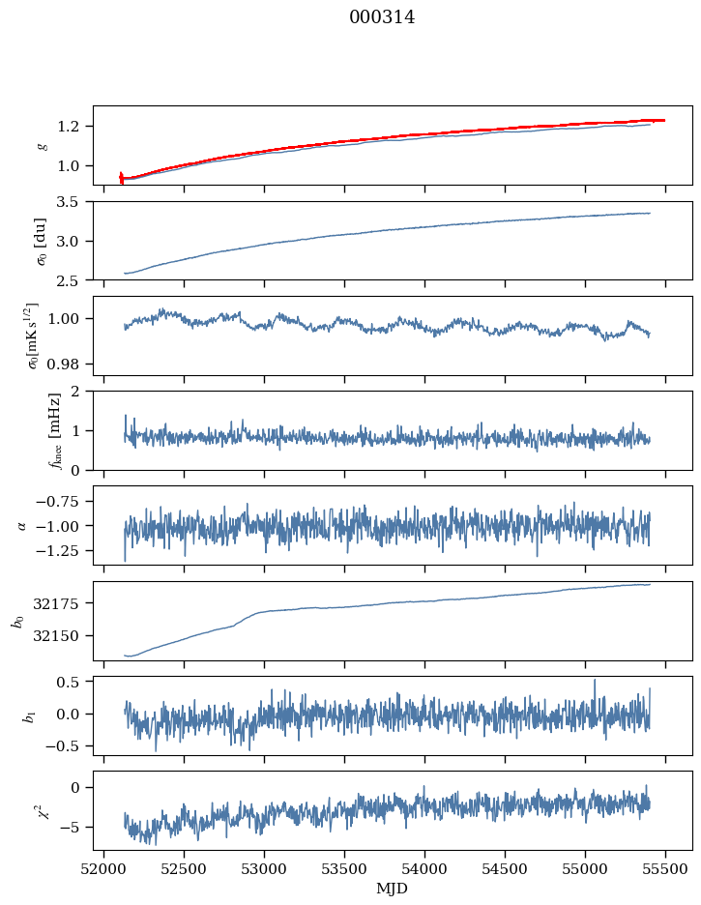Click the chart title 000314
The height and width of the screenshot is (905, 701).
pos(382,17)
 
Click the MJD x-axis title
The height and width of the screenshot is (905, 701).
pos(393,889)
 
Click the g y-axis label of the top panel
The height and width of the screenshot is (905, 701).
pos(41,145)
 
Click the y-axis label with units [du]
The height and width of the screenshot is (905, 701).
pos(41,240)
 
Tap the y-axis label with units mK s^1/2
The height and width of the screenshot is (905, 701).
pos(41,335)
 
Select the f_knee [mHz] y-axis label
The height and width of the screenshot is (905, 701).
pos(41,430)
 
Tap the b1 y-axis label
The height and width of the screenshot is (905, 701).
pos(41,715)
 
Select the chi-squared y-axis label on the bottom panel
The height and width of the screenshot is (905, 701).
pos(41,810)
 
